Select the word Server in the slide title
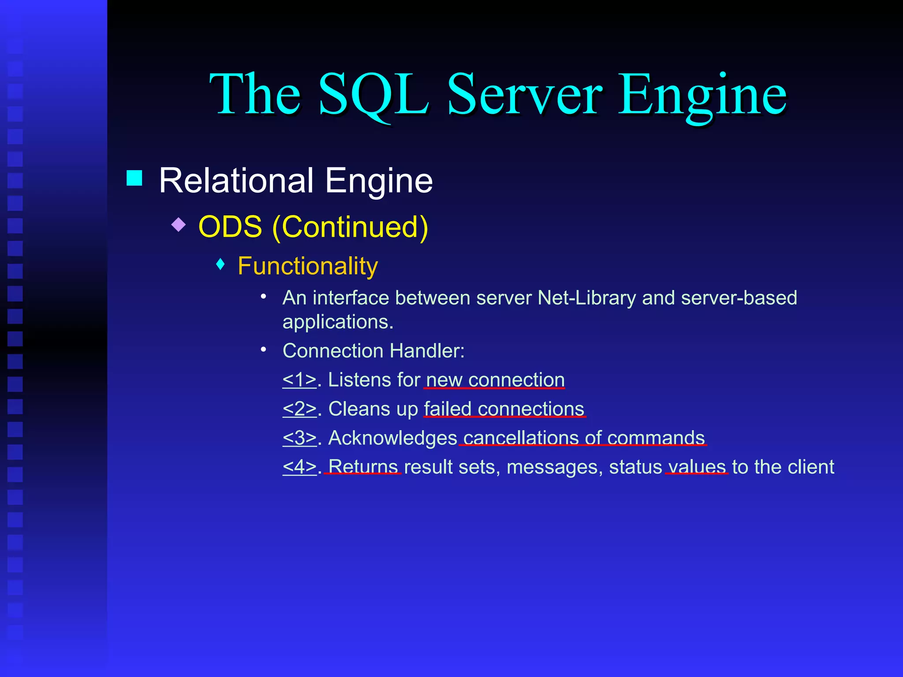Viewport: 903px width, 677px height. click(x=524, y=95)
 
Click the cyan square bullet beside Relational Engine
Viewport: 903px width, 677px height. click(x=134, y=178)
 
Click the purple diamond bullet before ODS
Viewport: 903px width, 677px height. click(x=179, y=224)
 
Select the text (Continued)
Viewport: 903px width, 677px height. click(x=350, y=227)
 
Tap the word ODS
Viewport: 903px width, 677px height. click(x=230, y=227)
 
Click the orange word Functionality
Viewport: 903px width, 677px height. click(x=308, y=266)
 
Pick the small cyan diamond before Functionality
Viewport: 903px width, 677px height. click(x=221, y=264)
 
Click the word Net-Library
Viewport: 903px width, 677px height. click(x=587, y=298)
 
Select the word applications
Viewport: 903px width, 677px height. click(x=337, y=322)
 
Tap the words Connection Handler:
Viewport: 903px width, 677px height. click(x=373, y=351)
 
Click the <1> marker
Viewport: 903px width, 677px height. click(x=299, y=380)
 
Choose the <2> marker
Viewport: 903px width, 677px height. click(x=299, y=409)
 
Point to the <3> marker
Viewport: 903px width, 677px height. click(x=299, y=438)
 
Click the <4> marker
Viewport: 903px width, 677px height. click(x=299, y=467)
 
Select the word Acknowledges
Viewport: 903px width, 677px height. click(x=393, y=438)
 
